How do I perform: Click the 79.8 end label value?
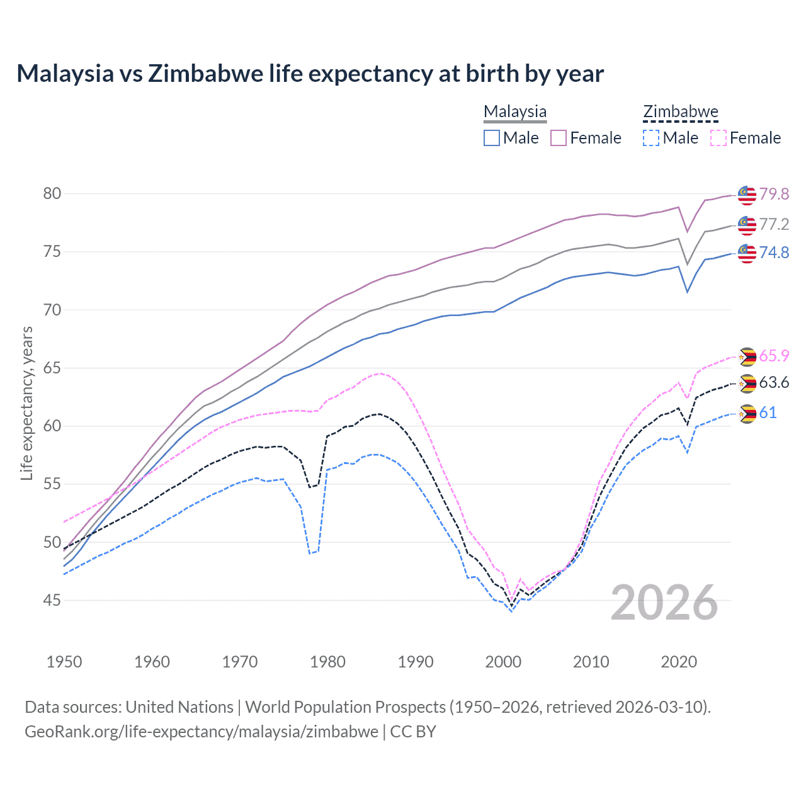click(x=774, y=194)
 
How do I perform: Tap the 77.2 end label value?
click(x=774, y=224)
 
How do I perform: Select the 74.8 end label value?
click(x=774, y=253)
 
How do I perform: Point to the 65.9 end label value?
click(x=774, y=356)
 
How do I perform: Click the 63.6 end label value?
click(x=774, y=383)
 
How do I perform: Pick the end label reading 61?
click(x=768, y=412)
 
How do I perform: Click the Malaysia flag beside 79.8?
click(x=747, y=195)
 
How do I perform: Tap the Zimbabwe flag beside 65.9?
click(x=747, y=357)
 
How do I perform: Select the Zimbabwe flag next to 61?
click(x=747, y=414)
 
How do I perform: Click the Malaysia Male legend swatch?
click(x=492, y=138)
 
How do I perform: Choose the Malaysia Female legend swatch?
click(x=559, y=138)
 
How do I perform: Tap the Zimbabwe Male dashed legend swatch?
click(x=651, y=138)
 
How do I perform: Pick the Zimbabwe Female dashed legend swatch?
click(x=718, y=138)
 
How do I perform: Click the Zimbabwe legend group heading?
click(x=681, y=111)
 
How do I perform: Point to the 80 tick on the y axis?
click(x=52, y=193)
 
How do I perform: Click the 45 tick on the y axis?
click(x=52, y=601)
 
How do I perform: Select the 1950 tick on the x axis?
click(x=64, y=662)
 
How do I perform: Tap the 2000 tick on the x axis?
click(x=503, y=662)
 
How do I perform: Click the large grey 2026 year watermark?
click(x=664, y=603)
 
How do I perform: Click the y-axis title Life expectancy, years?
click(x=26, y=403)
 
